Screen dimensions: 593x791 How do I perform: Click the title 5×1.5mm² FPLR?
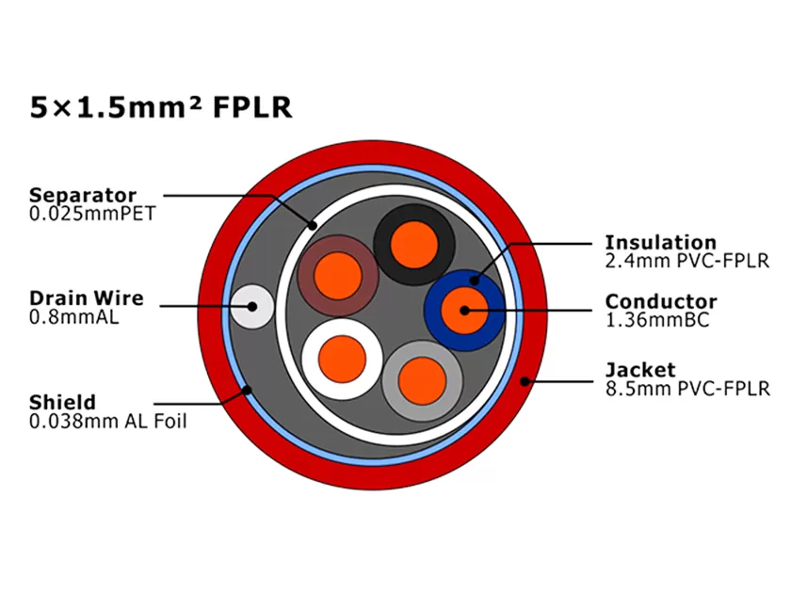click(x=161, y=107)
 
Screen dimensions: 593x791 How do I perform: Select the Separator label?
click(x=83, y=196)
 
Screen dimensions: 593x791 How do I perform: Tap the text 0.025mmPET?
click(x=91, y=214)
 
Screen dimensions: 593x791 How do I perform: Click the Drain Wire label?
click(x=86, y=298)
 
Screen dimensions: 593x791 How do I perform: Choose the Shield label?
click(x=62, y=403)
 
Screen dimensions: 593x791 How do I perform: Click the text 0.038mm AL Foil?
click(x=107, y=422)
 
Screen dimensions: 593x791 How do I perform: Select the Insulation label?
click(x=660, y=243)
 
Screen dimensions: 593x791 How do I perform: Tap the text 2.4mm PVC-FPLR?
click(x=686, y=260)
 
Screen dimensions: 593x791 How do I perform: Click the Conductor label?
click(x=660, y=302)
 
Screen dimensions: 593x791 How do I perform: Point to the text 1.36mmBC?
click(x=656, y=320)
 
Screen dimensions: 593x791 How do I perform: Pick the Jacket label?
click(x=640, y=369)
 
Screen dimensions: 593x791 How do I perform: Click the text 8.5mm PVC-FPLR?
click(x=686, y=387)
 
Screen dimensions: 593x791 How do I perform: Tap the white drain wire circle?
click(x=252, y=306)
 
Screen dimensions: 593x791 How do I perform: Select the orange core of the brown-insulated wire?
click(x=338, y=275)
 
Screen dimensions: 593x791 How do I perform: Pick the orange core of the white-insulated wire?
click(x=342, y=359)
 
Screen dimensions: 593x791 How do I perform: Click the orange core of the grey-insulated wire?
click(x=421, y=379)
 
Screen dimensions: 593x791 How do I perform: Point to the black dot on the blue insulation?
click(x=475, y=279)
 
